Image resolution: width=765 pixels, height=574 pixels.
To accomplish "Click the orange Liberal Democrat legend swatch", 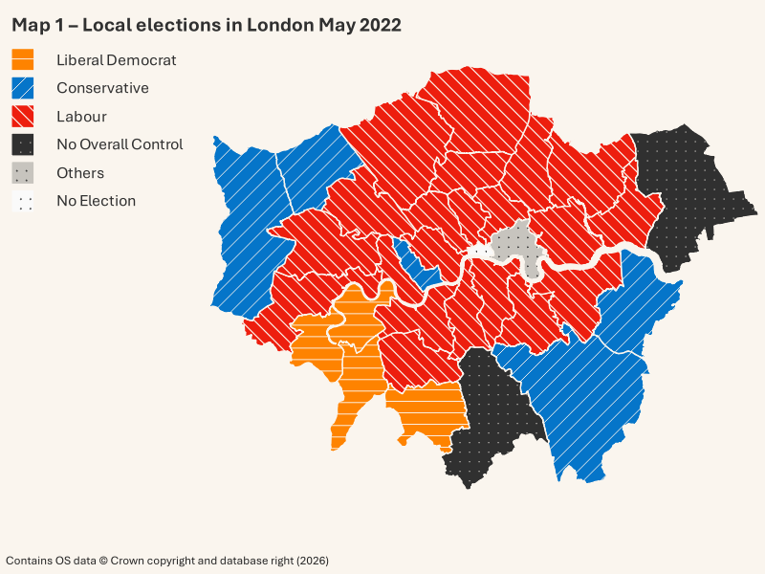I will tap(23, 59).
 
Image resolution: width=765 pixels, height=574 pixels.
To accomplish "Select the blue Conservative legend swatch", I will tap(23, 88).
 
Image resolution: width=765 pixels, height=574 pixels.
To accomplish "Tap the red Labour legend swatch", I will tap(23, 117).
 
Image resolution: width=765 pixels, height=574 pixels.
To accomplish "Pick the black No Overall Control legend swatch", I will tap(23, 144).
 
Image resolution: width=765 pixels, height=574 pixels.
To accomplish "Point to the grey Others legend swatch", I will tap(23, 173).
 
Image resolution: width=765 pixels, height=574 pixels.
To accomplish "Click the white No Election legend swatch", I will tap(23, 201).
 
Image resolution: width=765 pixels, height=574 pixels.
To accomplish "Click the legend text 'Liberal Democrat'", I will tap(116, 59).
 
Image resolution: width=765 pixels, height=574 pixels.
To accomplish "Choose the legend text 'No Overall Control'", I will tap(120, 144).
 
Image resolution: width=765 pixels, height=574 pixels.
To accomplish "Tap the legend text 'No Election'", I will tap(96, 201).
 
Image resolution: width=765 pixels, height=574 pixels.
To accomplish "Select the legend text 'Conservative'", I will tap(102, 88).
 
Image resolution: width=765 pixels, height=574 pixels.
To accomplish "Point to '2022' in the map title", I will tap(381, 25).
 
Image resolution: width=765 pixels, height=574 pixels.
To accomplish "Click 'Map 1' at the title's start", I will tap(37, 25).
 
